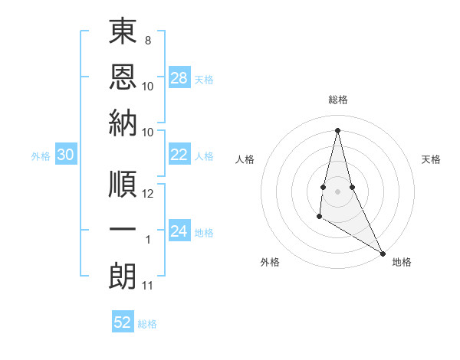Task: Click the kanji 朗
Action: pyautogui.click(x=123, y=274)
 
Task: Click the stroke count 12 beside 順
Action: pyautogui.click(x=148, y=194)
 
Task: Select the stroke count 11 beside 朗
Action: pyautogui.click(x=148, y=286)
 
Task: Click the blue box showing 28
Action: pyautogui.click(x=179, y=78)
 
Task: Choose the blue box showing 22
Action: pyautogui.click(x=179, y=155)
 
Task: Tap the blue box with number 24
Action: pyautogui.click(x=179, y=231)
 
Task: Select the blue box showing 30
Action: pyautogui.click(x=66, y=155)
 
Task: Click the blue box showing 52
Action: pyautogui.click(x=123, y=322)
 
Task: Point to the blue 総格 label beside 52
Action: pyautogui.click(x=147, y=324)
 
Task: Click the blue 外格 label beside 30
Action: pyautogui.click(x=41, y=156)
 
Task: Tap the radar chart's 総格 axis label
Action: pyautogui.click(x=337, y=100)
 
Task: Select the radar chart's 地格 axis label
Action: pyautogui.click(x=402, y=263)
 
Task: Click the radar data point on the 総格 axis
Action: pyautogui.click(x=337, y=129)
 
